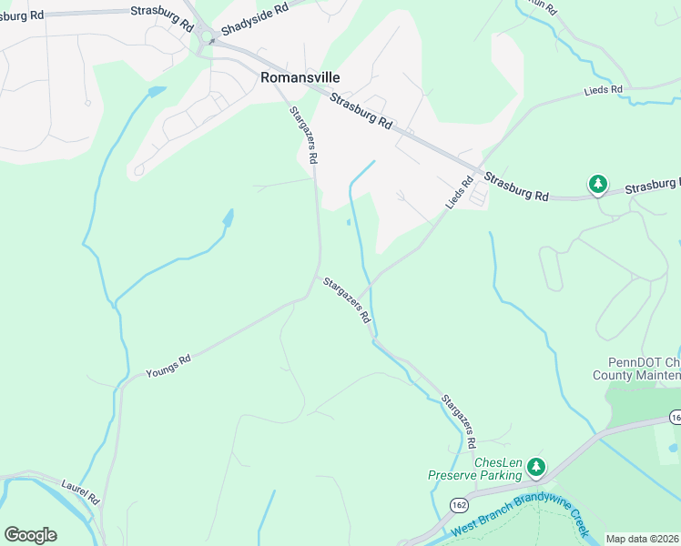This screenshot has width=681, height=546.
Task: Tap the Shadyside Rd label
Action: pyautogui.click(x=254, y=19)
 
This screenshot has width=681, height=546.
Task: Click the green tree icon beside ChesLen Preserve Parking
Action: pyautogui.click(x=537, y=468)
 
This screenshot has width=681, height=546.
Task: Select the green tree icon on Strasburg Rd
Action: pyautogui.click(x=597, y=185)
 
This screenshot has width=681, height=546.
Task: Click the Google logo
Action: pyautogui.click(x=30, y=535)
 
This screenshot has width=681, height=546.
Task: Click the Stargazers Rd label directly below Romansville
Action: pyautogui.click(x=303, y=135)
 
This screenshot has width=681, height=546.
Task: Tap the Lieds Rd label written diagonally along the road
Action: pyautogui.click(x=461, y=194)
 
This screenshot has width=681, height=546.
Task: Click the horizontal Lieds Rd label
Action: pyautogui.click(x=603, y=90)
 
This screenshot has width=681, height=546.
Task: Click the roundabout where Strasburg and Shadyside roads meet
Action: pyautogui.click(x=208, y=39)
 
